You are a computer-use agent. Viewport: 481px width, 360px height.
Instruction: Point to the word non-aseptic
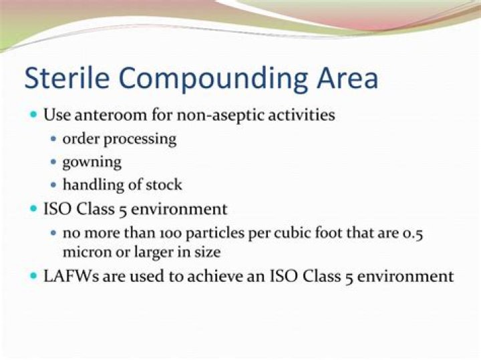[x=214, y=115]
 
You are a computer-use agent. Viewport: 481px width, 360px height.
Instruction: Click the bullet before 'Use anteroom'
[x=33, y=115]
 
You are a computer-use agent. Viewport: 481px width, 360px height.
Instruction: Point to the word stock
[x=164, y=185]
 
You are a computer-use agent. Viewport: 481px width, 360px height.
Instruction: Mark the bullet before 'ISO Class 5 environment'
[x=33, y=210]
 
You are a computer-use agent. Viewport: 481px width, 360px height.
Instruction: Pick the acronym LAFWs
[x=68, y=275]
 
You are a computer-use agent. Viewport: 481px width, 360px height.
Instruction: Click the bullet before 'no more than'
[x=53, y=234]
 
